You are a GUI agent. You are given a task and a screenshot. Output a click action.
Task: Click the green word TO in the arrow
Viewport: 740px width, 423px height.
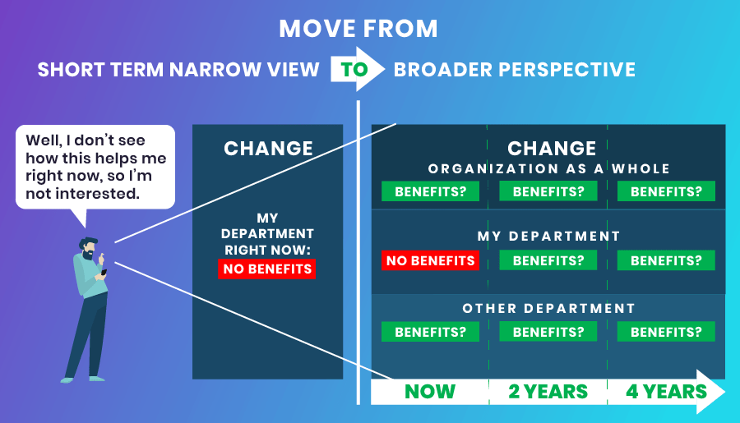click(x=354, y=70)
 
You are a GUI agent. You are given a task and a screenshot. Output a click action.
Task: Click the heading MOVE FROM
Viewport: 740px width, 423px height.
click(x=358, y=29)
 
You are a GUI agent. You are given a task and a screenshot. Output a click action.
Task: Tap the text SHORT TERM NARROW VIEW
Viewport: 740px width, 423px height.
click(x=178, y=70)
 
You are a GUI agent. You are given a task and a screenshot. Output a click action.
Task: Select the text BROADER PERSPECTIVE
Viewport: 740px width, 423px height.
click(x=515, y=70)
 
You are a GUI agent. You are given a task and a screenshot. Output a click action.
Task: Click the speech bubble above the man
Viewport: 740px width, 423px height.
click(x=95, y=168)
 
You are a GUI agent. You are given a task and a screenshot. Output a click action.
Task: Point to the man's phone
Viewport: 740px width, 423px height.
click(x=104, y=273)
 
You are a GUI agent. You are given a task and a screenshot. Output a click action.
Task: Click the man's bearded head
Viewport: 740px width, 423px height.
click(x=89, y=248)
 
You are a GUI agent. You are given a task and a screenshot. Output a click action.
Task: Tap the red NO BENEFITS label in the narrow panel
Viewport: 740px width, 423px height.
click(x=267, y=269)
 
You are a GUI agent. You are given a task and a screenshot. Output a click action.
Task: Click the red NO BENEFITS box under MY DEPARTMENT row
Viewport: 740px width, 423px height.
click(x=430, y=260)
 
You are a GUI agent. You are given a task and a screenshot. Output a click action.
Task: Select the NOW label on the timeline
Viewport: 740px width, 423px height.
click(x=430, y=392)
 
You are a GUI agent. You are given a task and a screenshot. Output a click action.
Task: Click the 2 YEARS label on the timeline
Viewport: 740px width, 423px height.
click(x=548, y=392)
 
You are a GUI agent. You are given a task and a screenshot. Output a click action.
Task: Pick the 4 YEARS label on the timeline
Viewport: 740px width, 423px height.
click(x=666, y=392)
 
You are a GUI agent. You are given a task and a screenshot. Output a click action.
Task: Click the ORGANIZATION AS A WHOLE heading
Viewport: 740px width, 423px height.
click(x=549, y=169)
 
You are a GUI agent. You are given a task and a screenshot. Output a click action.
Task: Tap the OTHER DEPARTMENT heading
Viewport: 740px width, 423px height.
click(x=549, y=308)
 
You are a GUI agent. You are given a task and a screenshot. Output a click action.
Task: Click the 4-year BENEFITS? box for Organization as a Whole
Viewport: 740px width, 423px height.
click(x=666, y=191)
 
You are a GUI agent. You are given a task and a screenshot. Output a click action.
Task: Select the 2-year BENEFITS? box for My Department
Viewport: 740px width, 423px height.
click(x=548, y=260)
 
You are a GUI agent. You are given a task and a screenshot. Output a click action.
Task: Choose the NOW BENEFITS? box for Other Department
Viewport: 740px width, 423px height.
click(x=430, y=332)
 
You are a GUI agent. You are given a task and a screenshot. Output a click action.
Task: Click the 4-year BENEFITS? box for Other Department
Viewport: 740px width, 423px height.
click(x=666, y=332)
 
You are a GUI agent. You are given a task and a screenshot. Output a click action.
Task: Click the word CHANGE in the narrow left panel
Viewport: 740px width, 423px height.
click(x=268, y=149)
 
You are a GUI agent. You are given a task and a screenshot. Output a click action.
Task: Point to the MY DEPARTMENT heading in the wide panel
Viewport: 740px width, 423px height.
click(x=548, y=237)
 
